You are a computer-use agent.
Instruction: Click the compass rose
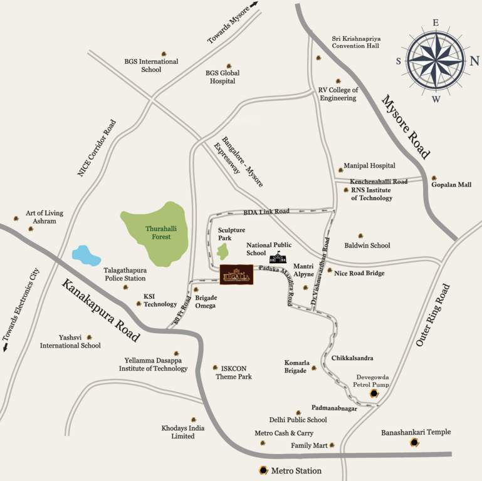pyautogui.click(x=435, y=60)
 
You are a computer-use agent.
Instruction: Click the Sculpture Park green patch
pyautogui.click(x=223, y=252)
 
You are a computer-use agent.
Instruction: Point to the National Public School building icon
pyautogui.click(x=276, y=257)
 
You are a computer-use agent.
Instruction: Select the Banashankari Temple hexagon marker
pyautogui.click(x=414, y=443)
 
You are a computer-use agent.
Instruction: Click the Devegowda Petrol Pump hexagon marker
pyautogui.click(x=374, y=394)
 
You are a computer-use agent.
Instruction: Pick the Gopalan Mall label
pyautogui.click(x=450, y=185)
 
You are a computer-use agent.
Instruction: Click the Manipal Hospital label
pyautogui.click(x=369, y=166)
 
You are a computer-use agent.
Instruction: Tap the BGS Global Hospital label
pyautogui.click(x=223, y=77)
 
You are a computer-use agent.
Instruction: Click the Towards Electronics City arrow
pyautogui.click(x=6, y=347)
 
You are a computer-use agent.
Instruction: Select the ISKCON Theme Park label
pyautogui.click(x=233, y=373)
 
